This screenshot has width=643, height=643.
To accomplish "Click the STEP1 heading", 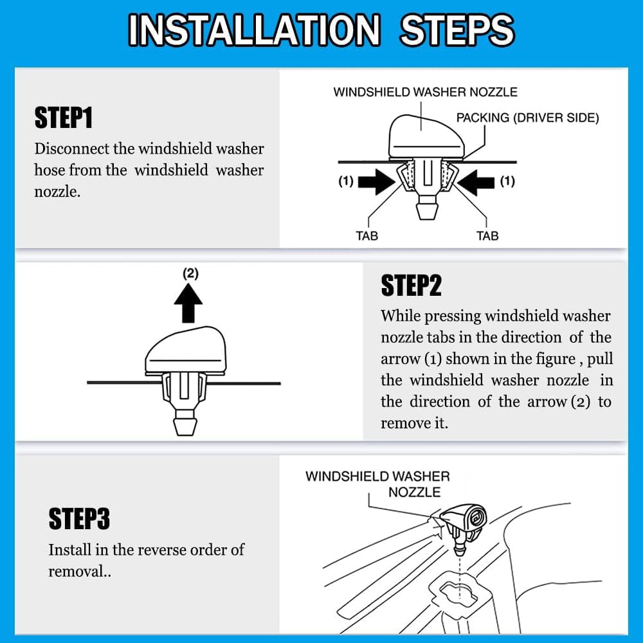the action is [x=64, y=118].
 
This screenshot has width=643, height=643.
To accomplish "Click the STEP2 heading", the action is [x=412, y=285].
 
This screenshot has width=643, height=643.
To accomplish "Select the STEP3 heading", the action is [x=79, y=518].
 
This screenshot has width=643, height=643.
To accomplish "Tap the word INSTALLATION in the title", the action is [x=254, y=30].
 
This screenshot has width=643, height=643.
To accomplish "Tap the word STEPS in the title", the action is [x=457, y=30].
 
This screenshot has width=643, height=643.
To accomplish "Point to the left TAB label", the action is [x=367, y=236].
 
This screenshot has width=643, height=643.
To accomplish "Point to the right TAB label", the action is [x=487, y=236].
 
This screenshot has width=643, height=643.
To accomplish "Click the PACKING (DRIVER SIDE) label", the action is [x=528, y=118].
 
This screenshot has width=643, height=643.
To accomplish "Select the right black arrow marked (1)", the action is [x=476, y=182].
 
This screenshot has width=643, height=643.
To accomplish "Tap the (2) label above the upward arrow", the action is [x=191, y=273].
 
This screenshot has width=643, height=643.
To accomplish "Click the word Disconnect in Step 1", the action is [x=72, y=149].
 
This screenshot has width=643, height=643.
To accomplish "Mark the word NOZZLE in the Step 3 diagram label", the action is [x=415, y=492].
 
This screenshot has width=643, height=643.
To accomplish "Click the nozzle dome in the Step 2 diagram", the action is [x=185, y=350].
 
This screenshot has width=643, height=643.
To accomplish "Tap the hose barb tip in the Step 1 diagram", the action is [x=428, y=211].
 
